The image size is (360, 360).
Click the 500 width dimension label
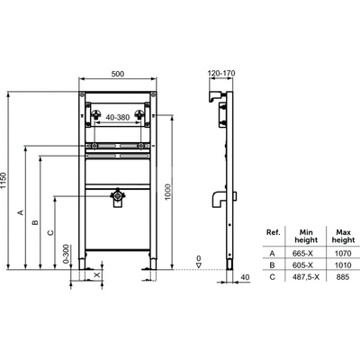tap(118, 74)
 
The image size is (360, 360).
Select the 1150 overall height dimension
tap(3, 181)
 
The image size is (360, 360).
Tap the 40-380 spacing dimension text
tap(118, 117)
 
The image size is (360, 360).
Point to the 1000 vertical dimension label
tap(167, 192)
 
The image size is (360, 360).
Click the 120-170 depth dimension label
tap(222, 73)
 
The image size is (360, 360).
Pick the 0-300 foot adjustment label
tap(67, 254)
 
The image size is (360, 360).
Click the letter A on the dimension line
tap(21, 212)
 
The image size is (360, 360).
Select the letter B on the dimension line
tap(35, 222)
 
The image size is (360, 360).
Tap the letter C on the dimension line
tap(50, 232)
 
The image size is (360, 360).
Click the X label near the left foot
tap(96, 274)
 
